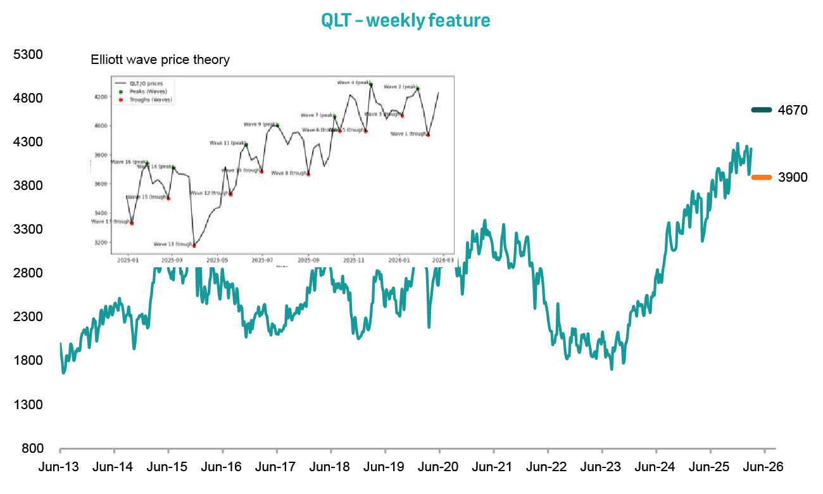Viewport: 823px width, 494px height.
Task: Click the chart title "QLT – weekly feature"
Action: click(x=405, y=20)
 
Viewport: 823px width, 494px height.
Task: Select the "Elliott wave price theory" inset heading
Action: click(x=160, y=60)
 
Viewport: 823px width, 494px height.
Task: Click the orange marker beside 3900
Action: click(x=761, y=177)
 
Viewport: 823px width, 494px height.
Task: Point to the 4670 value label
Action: click(x=793, y=110)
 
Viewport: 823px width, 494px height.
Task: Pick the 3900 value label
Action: click(x=793, y=177)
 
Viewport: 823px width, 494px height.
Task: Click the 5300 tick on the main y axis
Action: click(x=28, y=54)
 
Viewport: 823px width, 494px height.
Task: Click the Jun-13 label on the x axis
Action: click(x=60, y=467)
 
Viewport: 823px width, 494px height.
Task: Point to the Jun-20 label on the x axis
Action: click(x=439, y=467)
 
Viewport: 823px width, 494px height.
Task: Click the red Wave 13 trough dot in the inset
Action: click(x=194, y=245)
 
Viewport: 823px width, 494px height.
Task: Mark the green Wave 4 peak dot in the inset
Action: click(x=371, y=84)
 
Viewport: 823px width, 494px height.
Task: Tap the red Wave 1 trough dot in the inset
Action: click(x=429, y=135)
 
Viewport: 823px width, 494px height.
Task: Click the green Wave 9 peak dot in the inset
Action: click(x=277, y=125)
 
